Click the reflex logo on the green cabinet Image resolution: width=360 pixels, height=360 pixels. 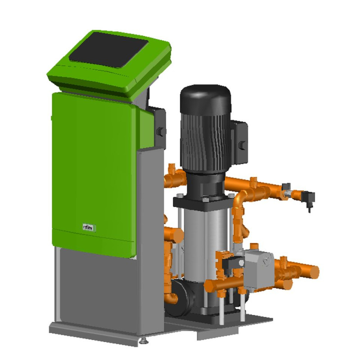coord(89,228)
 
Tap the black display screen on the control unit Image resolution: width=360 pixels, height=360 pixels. coord(108,50)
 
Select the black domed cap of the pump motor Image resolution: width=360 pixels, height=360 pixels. coord(205,99)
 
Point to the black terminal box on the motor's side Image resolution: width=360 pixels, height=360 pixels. coord(239,142)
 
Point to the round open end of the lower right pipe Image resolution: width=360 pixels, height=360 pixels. coord(313,272)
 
